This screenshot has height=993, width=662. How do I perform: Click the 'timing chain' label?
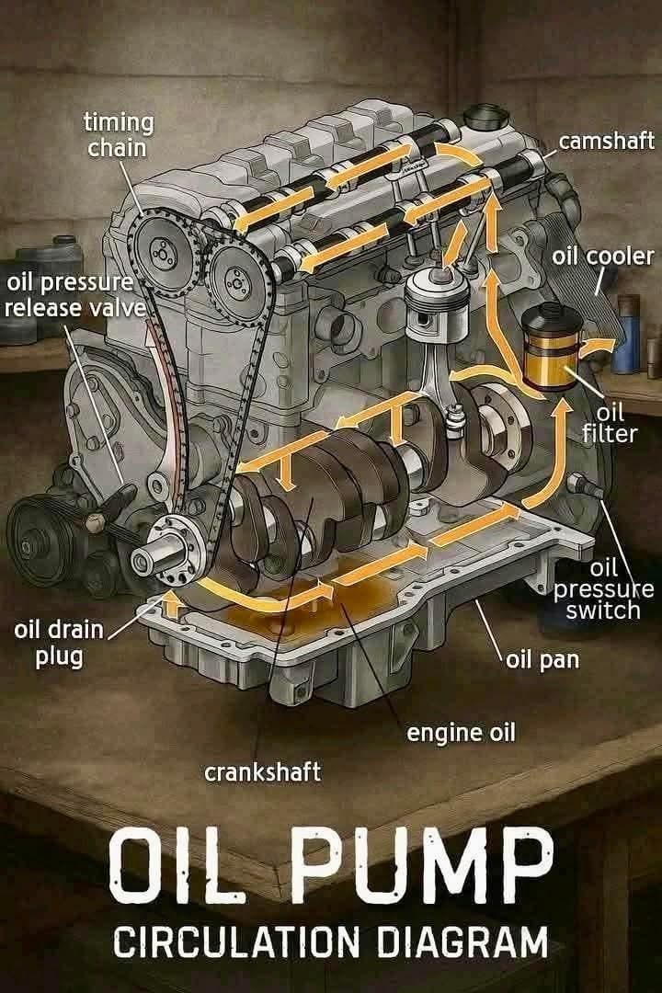(x=119, y=134)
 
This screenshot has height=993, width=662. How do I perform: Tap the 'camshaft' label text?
(x=606, y=141)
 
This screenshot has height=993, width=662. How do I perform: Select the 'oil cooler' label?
(x=602, y=256)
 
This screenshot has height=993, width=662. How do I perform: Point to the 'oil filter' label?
(x=610, y=423)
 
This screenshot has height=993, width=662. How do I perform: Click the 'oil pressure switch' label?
(x=603, y=589)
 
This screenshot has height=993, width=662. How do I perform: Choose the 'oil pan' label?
(x=542, y=660)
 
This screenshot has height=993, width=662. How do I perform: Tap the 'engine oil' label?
(x=462, y=732)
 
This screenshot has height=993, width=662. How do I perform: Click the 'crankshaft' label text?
(x=262, y=772)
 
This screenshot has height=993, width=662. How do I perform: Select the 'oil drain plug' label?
(x=58, y=643)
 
